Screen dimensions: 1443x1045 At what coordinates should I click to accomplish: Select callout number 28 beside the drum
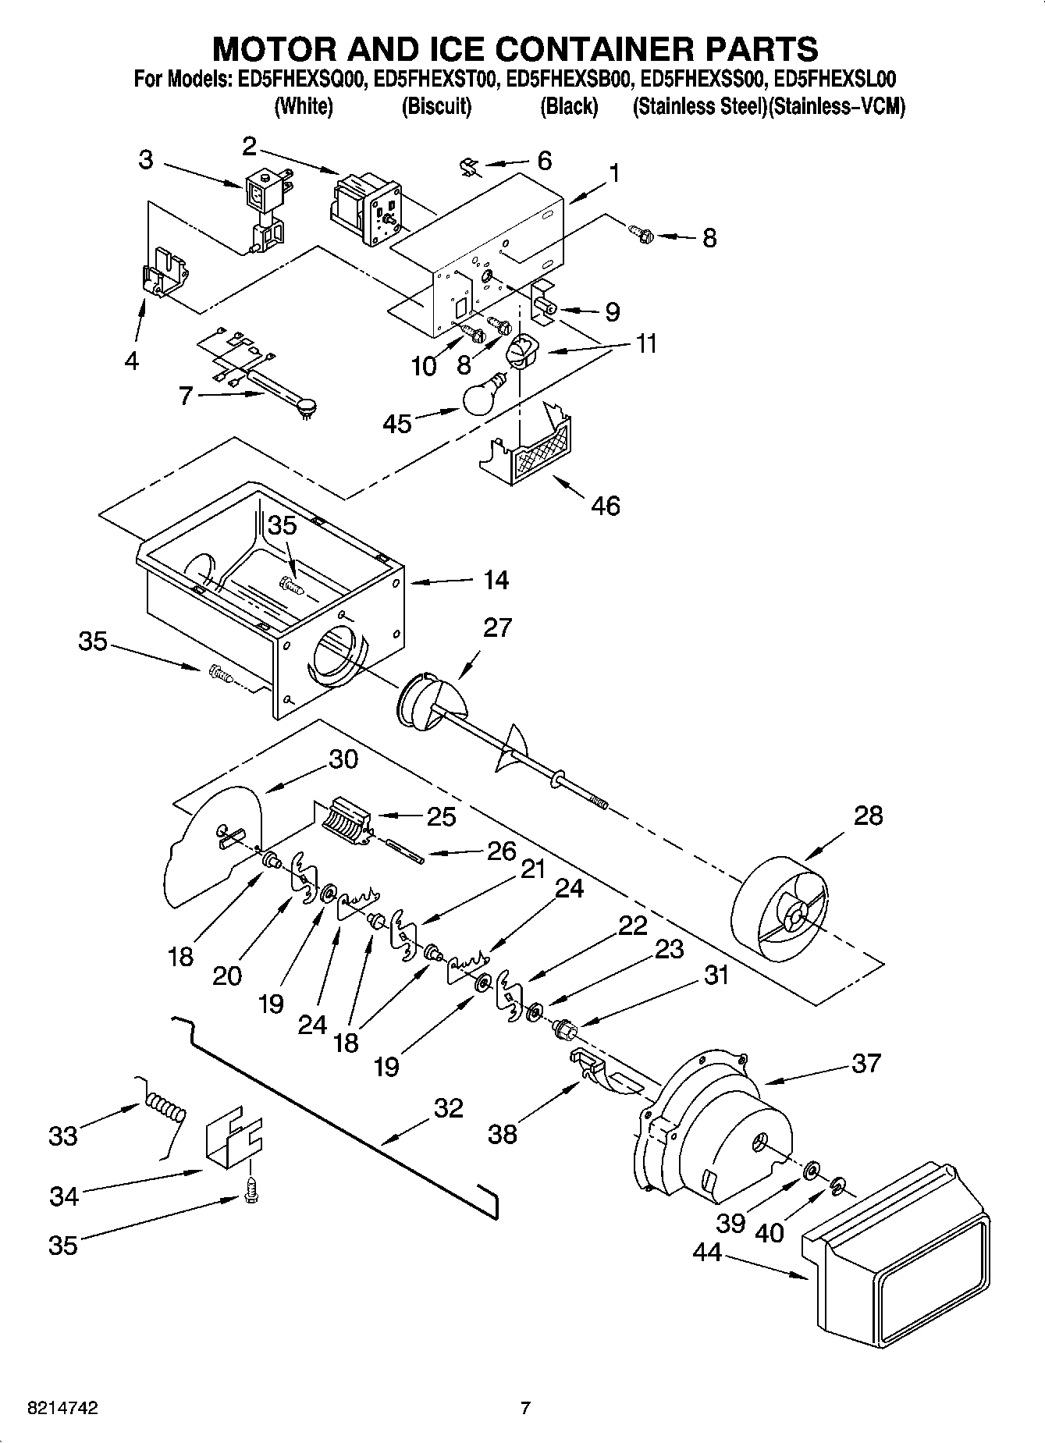pos(867,816)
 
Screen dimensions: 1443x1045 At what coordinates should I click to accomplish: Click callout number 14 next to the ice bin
pos(496,580)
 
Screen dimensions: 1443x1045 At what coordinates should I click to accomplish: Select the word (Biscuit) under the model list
pos(436,107)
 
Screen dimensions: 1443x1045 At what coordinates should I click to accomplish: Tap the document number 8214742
pos(62,1409)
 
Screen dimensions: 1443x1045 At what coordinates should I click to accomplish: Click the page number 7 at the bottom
pos(525,1409)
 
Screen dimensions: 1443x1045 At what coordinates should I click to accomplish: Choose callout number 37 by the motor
pos(866,1063)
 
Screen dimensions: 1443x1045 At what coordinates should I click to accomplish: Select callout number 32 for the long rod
pos(448,1108)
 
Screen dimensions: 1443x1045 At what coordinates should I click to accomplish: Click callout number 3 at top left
pos(146,160)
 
